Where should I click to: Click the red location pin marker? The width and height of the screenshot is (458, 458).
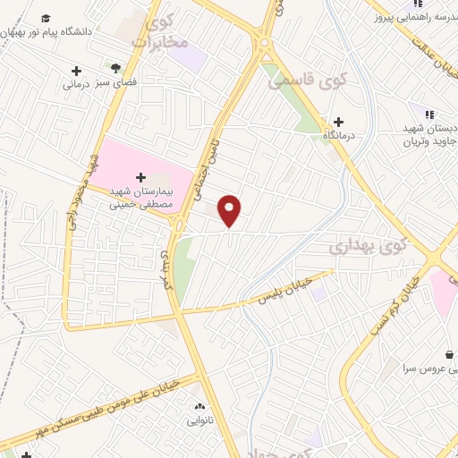point(230,210)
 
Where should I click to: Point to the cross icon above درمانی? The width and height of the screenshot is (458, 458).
point(76,71)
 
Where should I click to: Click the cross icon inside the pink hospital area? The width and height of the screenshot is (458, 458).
point(140,177)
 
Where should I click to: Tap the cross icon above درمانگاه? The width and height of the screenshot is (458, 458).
point(338,122)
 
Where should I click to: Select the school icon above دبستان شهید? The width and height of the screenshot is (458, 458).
point(428,114)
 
